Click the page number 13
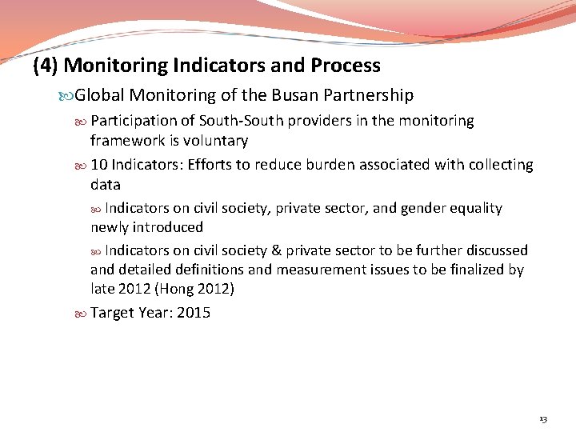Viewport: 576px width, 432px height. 543,419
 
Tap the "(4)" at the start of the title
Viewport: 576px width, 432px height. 46,66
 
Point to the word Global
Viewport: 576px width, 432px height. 98,96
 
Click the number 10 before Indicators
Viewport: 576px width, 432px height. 99,165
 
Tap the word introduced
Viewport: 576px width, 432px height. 168,227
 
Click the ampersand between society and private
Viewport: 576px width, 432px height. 275,250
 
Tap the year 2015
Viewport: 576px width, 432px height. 194,313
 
